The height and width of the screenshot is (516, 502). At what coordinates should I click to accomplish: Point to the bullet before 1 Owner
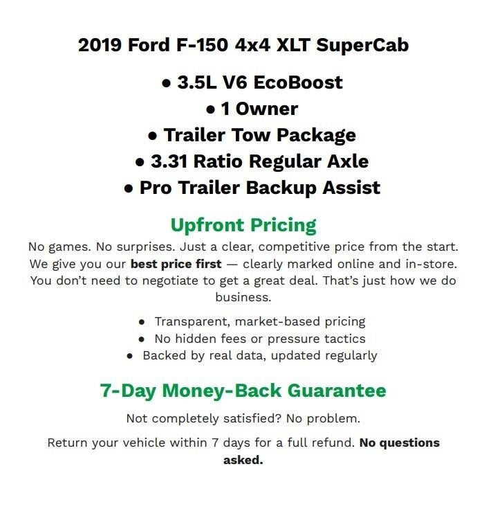point(212,109)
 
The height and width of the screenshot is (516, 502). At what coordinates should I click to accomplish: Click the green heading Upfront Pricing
point(243,225)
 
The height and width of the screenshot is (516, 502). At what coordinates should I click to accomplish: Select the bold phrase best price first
point(176,264)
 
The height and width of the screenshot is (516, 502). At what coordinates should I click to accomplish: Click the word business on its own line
point(243,298)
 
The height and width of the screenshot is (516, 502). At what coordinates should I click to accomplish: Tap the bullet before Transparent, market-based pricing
point(142,322)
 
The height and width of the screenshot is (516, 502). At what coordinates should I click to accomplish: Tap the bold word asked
point(243,459)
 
